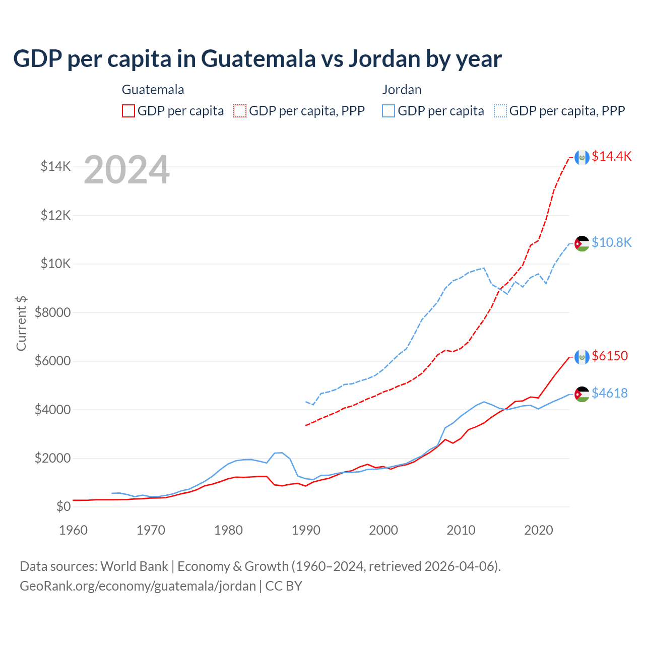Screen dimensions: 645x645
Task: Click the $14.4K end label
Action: (611, 156)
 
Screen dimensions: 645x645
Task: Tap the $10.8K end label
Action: (611, 242)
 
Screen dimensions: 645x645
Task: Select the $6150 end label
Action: (610, 356)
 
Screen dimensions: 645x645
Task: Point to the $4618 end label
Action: (610, 393)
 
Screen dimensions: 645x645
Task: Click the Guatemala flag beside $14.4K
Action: (582, 157)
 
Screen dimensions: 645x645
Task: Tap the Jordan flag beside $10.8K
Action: (582, 243)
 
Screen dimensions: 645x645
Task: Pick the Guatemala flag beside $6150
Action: (582, 357)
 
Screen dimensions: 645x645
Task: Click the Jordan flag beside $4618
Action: (582, 394)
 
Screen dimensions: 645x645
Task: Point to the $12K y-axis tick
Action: (56, 216)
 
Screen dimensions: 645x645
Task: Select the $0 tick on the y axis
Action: (63, 507)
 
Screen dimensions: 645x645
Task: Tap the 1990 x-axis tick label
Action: (306, 530)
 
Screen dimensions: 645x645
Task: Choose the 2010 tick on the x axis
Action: (461, 530)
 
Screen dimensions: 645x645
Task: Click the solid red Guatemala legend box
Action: (128, 111)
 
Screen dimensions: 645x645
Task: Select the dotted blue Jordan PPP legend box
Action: (500, 111)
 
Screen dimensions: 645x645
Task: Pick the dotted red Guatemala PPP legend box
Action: (240, 111)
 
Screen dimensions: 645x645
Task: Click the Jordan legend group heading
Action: (402, 90)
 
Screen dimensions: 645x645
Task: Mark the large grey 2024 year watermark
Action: (126, 170)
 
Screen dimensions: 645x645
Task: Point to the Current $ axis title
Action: (21, 323)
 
